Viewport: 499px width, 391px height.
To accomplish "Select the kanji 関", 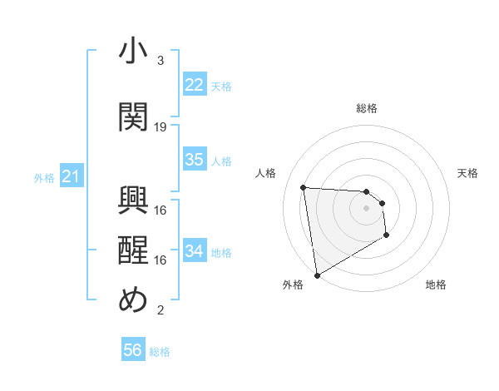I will click(x=133, y=116).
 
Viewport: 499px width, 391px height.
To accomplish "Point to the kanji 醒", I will click(x=133, y=250).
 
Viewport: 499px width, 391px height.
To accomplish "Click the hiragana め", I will click(x=133, y=299).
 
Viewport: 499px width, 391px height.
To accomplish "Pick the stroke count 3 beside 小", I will click(x=161, y=61).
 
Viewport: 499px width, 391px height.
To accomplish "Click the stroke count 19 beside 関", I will click(x=161, y=126).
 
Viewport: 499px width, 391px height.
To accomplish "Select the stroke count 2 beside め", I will click(x=161, y=310).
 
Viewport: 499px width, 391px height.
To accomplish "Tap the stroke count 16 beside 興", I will click(x=161, y=210).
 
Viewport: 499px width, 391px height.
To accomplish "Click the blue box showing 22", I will click(x=194, y=85).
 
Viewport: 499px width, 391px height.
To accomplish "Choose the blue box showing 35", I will click(x=194, y=160).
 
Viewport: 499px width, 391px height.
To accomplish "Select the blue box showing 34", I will click(x=194, y=251).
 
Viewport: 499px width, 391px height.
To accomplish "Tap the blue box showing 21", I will click(x=71, y=176).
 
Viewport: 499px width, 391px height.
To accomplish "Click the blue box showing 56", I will click(x=133, y=350).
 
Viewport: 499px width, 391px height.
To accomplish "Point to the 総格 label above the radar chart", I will click(x=367, y=108).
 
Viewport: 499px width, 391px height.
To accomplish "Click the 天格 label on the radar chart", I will click(x=467, y=173).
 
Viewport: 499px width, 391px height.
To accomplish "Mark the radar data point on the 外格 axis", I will click(x=316, y=275).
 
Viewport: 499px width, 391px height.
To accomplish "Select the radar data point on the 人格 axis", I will click(x=304, y=187).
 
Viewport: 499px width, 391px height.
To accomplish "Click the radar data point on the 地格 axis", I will click(x=387, y=235).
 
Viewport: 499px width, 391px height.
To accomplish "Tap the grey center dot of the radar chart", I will click(x=367, y=210).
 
